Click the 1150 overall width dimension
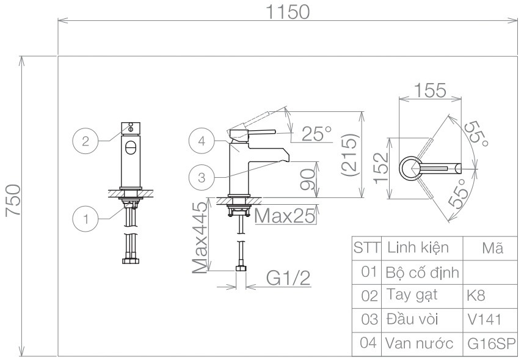288,12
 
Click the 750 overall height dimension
13,200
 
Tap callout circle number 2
86,141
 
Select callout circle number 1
86,219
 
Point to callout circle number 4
202,141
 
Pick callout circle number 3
202,177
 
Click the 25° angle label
317,134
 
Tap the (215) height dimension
349,155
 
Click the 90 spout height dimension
308,179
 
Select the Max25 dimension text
285,216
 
